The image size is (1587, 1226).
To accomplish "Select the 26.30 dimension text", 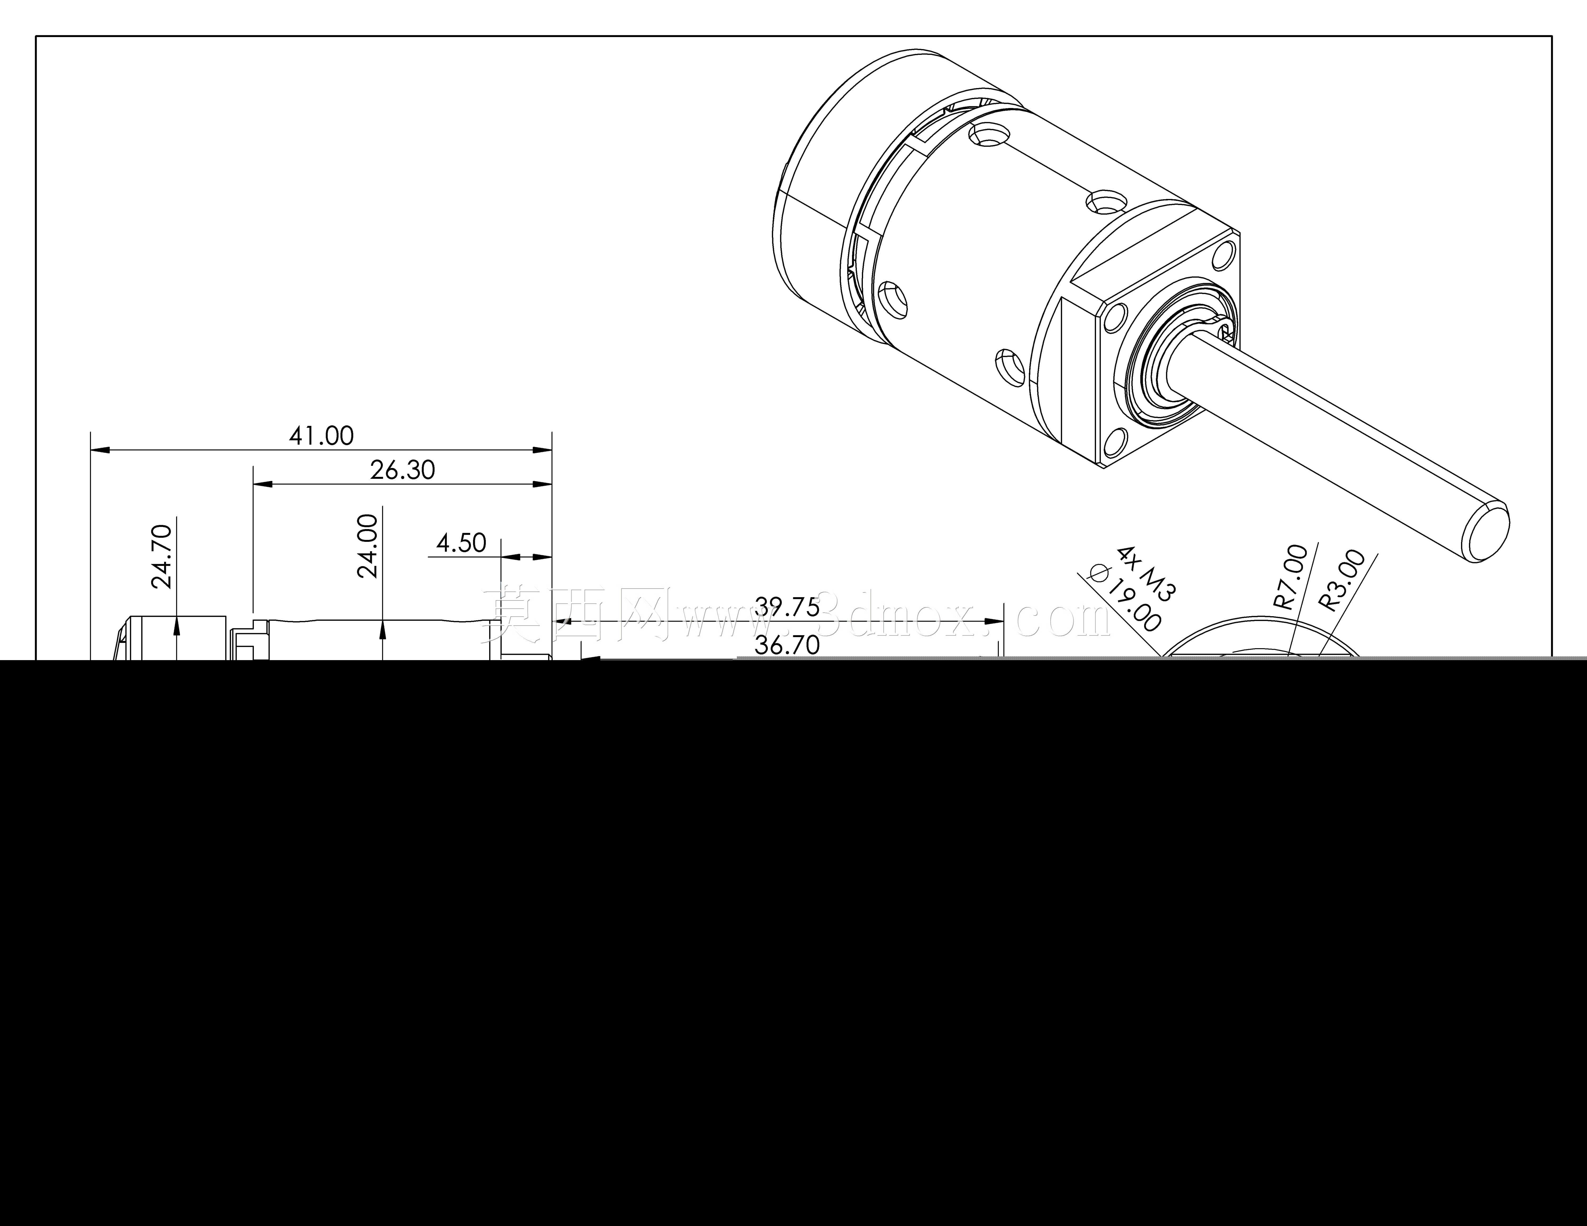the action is pos(403,470).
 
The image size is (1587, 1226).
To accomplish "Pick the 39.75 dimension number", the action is pos(787,607).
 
